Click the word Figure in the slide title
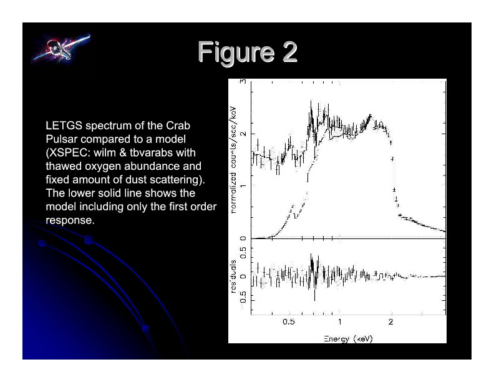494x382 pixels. click(236, 52)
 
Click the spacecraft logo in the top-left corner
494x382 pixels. click(61, 48)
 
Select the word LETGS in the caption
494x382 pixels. click(64, 125)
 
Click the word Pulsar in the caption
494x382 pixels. click(60, 139)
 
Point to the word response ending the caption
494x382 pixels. click(69, 220)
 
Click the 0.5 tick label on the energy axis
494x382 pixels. click(288, 322)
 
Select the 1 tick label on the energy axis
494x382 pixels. click(339, 322)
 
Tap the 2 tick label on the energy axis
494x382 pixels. click(390, 322)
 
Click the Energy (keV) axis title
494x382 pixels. click(348, 339)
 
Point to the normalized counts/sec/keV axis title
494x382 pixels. click(233, 160)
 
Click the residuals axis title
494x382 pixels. click(233, 277)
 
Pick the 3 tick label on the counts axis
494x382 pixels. click(243, 81)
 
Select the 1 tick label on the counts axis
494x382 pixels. click(243, 186)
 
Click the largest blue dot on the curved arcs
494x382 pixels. click(89, 240)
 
